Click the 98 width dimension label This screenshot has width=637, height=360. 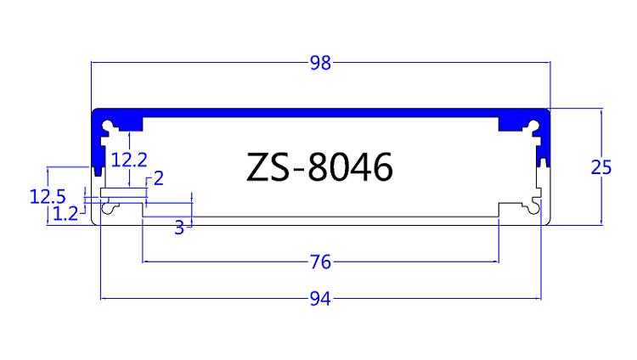tap(320, 62)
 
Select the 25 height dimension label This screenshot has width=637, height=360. tap(601, 167)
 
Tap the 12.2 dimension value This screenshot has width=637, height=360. tap(129, 159)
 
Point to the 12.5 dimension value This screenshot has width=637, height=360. tap(48, 196)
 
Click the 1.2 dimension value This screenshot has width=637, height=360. tap(65, 214)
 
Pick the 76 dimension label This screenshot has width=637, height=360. tap(319, 262)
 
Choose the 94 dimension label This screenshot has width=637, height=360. tap(319, 299)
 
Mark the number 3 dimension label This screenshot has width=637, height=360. tap(178, 227)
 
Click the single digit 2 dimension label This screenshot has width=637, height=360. tap(158, 178)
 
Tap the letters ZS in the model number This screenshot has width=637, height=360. tap(267, 167)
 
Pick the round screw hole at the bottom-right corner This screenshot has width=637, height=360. tap(533, 206)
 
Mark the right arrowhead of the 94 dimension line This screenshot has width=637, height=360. tap(538, 299)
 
